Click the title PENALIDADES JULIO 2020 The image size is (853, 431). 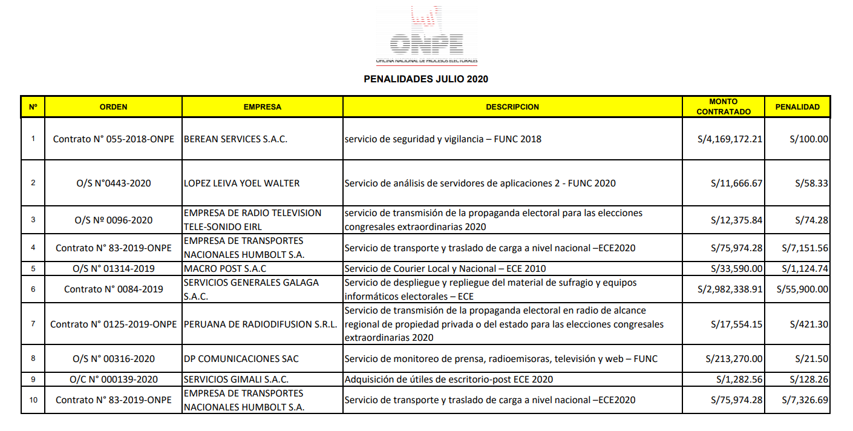point(426,79)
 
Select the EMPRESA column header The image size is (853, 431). point(262,107)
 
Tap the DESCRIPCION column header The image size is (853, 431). point(512,107)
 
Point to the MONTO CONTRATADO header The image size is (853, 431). point(724,107)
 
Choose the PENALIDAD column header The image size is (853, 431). point(797,107)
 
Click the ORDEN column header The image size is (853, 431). point(113,107)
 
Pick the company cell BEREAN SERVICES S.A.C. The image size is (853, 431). point(235,139)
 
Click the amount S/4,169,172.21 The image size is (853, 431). point(730,139)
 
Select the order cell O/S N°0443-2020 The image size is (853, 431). point(113,183)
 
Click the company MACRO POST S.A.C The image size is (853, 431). point(224,268)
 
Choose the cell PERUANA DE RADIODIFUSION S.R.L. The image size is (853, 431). point(260,324)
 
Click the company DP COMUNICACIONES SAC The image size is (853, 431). point(232,359)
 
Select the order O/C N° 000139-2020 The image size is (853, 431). point(113,380)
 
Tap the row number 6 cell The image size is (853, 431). point(33,289)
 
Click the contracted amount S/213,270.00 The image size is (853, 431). point(734,359)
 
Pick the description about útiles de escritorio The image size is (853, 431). point(448,380)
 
